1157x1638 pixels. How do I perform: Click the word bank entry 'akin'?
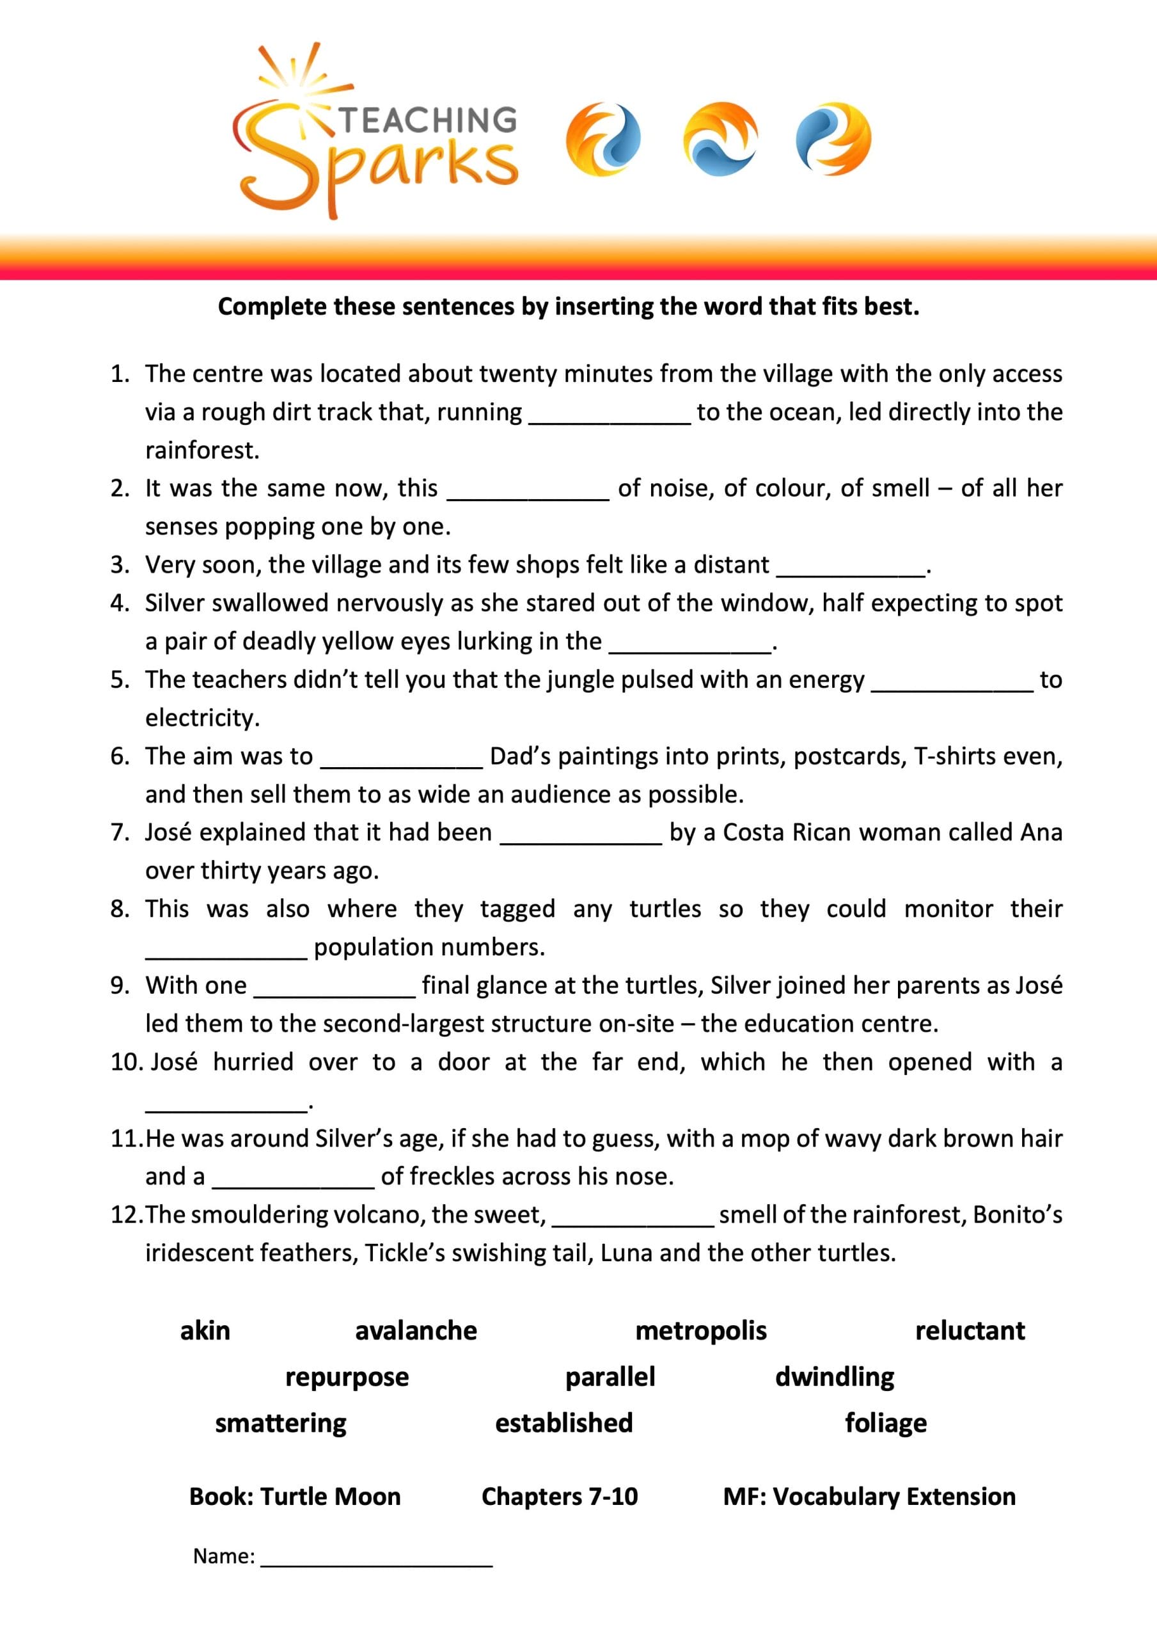205,1330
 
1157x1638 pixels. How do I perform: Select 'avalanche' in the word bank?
416,1330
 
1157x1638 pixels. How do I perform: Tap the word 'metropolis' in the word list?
700,1330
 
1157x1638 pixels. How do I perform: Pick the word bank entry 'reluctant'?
970,1330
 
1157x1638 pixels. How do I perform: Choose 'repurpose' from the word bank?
347,1377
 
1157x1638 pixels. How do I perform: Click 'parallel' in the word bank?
610,1377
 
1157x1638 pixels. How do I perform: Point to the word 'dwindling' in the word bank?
835,1377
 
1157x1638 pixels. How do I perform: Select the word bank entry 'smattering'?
280,1423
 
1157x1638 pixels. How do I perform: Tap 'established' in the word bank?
563,1423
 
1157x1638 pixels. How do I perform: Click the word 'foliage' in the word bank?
886,1423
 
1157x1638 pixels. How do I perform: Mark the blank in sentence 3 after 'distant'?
851,566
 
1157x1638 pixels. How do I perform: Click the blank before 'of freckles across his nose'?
293,1178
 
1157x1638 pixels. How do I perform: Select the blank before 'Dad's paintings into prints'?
402,758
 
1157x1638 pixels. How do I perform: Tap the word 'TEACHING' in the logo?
427,120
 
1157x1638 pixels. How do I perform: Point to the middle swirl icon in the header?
720,139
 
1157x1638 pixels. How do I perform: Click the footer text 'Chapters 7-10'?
559,1496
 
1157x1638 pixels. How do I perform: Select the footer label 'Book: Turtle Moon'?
295,1496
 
